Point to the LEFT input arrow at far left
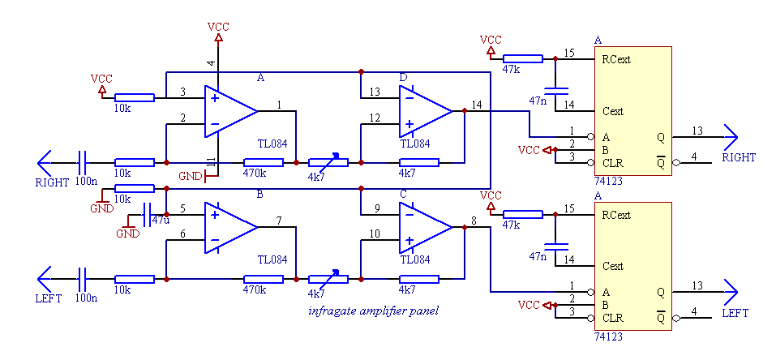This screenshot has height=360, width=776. (45, 279)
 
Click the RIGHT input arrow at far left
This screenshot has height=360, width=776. (45, 162)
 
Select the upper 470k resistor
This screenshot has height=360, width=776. (263, 162)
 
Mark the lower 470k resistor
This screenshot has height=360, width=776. (263, 279)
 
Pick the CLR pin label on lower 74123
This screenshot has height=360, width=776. (612, 318)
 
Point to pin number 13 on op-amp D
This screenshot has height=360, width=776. (374, 92)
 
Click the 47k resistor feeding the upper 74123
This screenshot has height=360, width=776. (522, 58)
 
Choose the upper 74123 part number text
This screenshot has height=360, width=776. (609, 182)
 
